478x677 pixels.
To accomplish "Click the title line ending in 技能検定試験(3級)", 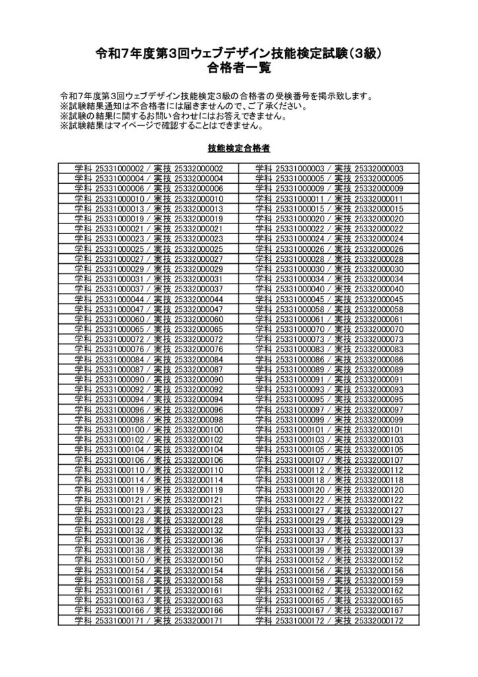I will point(239,53).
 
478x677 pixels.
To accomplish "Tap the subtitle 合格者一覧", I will point(239,67).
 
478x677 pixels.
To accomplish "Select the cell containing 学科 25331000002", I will point(149,169).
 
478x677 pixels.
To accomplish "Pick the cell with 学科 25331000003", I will point(329,169).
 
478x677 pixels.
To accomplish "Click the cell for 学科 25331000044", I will point(149,299).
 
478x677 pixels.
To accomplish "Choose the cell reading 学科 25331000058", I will point(329,309).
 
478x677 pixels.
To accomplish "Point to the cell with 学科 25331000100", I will point(149,429).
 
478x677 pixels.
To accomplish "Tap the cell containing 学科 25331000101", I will point(329,429).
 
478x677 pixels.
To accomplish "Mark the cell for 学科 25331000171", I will point(149,621).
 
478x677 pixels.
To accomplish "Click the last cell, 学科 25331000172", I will point(329,621).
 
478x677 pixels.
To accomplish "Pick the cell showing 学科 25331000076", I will point(149,349).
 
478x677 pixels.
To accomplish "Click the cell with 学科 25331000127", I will point(329,510).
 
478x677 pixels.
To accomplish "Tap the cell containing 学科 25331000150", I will point(149,560).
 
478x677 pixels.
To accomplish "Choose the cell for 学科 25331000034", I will point(329,278).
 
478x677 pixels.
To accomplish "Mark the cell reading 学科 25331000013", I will point(149,208).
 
